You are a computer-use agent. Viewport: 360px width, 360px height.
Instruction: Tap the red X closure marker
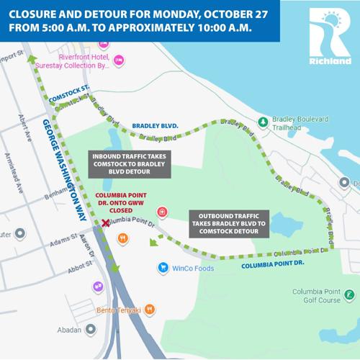(107, 224)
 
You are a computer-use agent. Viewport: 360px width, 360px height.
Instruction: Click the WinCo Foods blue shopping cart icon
(164, 269)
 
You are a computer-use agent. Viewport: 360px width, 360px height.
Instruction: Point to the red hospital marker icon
(161, 212)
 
